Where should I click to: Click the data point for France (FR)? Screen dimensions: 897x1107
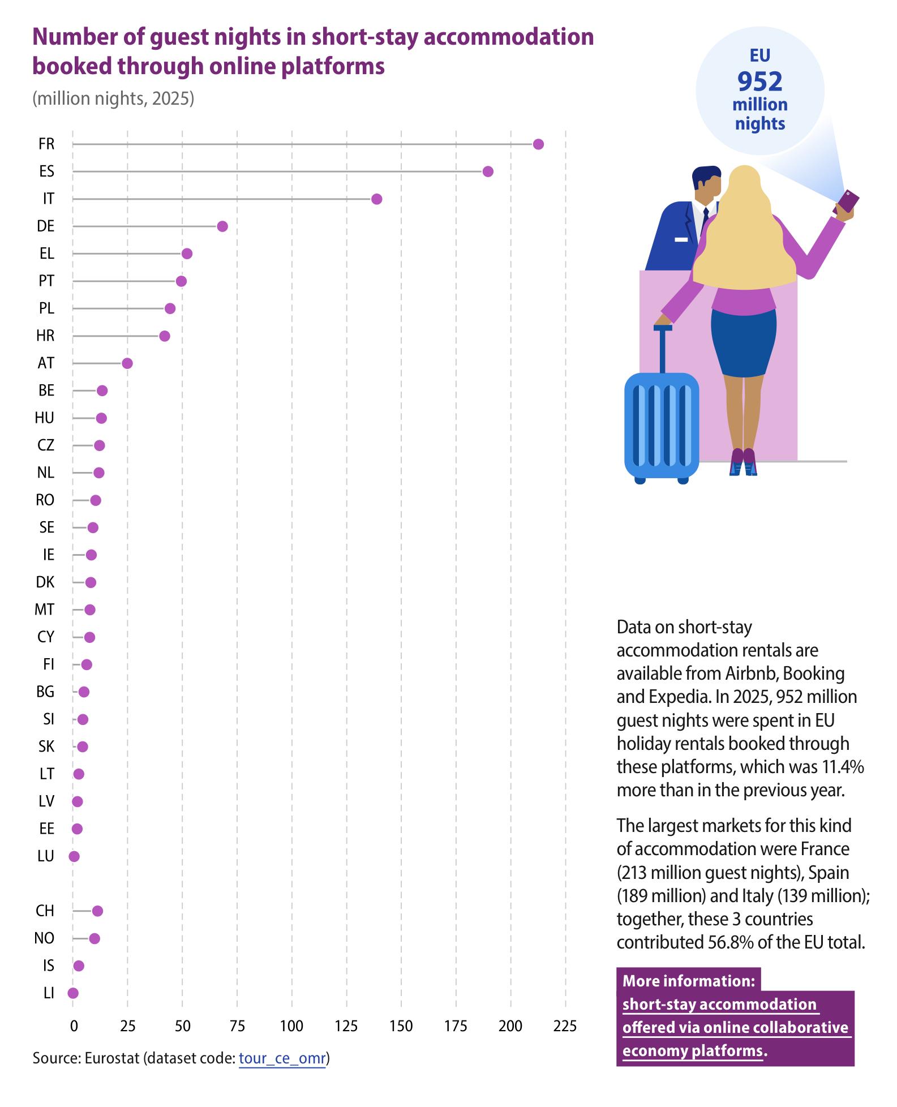[538, 144]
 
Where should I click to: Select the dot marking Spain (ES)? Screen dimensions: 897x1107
[488, 171]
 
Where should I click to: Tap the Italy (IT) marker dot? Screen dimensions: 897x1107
[376, 199]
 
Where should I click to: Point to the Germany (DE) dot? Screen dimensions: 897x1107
[222, 226]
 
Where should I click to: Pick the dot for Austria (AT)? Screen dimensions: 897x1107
[127, 363]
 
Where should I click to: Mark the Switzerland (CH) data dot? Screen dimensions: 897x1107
[97, 911]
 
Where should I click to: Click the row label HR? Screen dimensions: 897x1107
[45, 336]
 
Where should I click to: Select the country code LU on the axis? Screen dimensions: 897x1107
[46, 856]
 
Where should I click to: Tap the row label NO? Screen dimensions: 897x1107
[45, 938]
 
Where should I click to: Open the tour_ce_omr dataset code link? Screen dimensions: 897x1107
[282, 1058]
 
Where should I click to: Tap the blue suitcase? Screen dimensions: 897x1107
[662, 422]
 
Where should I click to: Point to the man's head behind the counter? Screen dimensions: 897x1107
[707, 187]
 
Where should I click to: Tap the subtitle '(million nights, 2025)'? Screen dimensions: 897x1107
[113, 98]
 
